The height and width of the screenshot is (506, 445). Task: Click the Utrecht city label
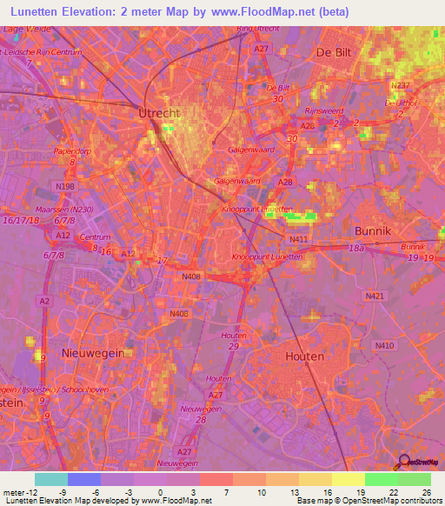158,113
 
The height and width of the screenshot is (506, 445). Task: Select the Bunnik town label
375,230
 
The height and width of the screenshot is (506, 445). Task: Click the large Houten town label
304,356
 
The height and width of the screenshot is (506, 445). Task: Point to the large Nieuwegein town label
92,352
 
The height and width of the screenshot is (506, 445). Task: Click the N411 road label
298,238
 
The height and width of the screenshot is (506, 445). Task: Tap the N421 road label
375,296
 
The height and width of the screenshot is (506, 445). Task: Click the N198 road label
65,187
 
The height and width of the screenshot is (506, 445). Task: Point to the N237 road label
400,85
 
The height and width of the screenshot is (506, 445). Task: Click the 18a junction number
356,249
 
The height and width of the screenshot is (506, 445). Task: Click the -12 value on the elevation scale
26,492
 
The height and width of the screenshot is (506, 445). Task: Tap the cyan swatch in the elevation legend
50,479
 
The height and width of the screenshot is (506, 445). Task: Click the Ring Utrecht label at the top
257,29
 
